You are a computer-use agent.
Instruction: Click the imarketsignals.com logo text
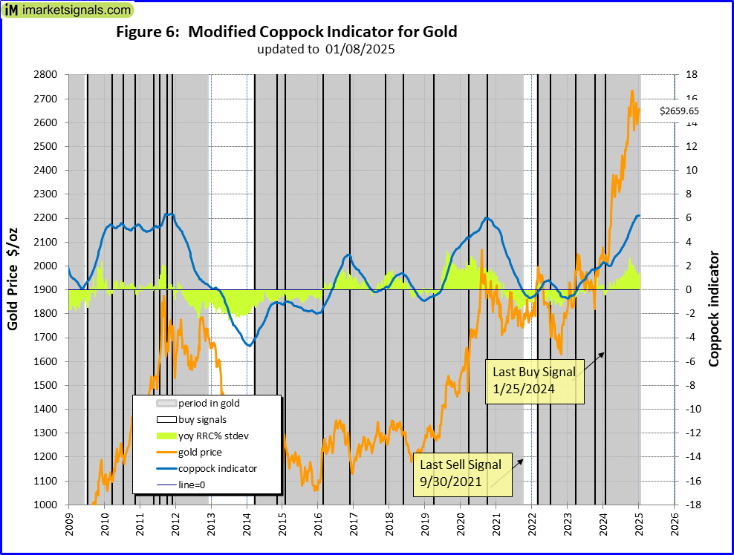(75, 10)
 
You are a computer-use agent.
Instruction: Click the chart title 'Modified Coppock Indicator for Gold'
(287, 32)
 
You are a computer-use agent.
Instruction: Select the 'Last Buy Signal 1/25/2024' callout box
(535, 381)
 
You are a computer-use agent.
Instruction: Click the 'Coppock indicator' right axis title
(714, 309)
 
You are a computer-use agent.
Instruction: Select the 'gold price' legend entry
(200, 452)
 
